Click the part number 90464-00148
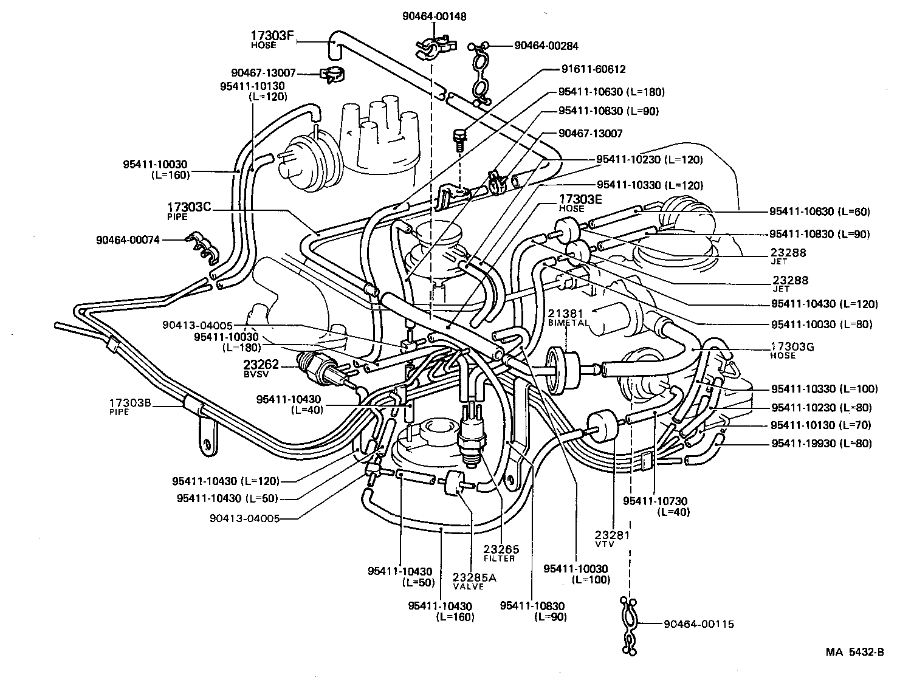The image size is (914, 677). coord(434,17)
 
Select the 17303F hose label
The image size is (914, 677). coord(273,39)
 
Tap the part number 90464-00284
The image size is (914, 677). coord(546,46)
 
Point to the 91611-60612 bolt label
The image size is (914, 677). coord(585,69)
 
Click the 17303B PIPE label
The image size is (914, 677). coord(129,406)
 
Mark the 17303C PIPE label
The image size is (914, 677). coord(189,210)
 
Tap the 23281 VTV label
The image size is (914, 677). coord(612,538)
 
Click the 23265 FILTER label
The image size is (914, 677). coord(501,553)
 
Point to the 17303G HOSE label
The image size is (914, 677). coord(792,350)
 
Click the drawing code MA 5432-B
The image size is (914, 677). coord(854,652)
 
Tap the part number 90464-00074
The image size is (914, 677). coord(128,240)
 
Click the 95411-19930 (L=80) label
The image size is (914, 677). coord(821,444)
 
